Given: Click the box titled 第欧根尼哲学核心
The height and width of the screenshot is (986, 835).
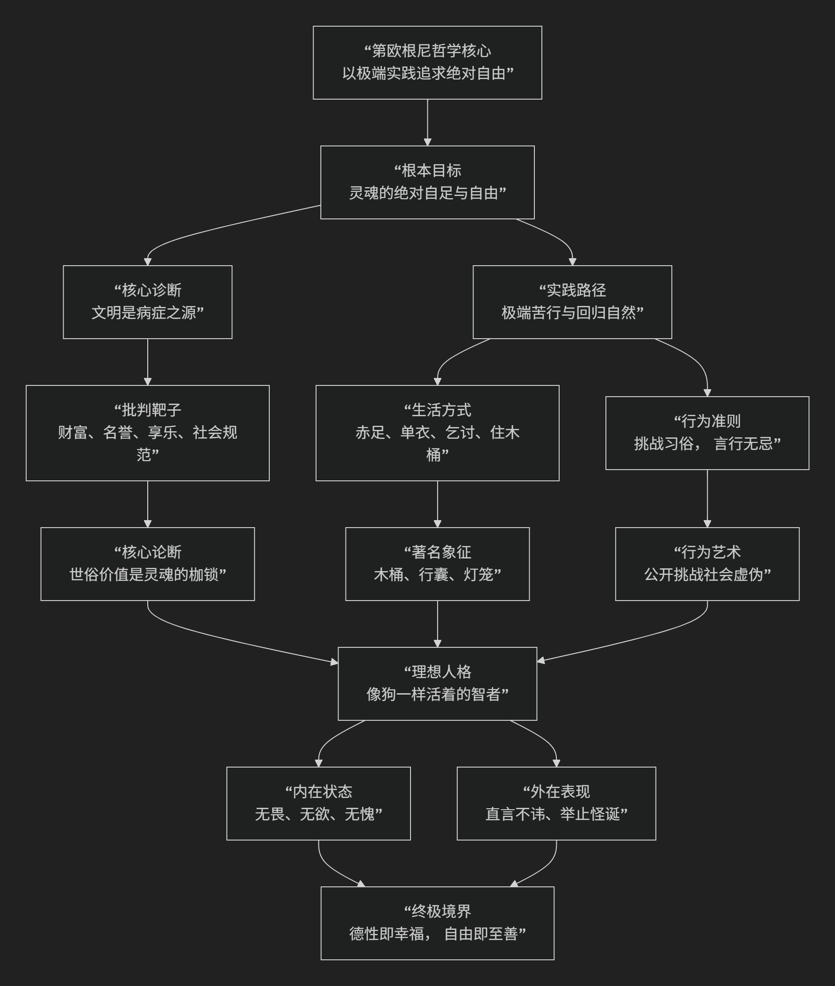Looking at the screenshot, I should [427, 63].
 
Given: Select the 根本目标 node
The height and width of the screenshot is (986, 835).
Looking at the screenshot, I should [427, 182].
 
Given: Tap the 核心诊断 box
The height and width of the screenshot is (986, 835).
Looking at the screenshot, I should [147, 302].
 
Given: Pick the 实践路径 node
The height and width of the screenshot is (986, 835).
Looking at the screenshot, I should [572, 302].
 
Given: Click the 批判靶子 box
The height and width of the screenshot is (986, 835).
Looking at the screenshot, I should [147, 433].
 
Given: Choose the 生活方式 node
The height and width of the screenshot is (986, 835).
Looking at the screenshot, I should [437, 433].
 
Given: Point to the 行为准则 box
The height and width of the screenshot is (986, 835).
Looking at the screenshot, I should [707, 433].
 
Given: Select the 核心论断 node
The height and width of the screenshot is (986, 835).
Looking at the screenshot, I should [147, 564].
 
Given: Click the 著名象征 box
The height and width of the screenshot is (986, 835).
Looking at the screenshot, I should [437, 564].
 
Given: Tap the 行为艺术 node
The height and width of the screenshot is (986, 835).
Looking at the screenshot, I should [707, 564].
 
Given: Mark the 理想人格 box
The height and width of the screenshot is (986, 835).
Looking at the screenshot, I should [437, 683].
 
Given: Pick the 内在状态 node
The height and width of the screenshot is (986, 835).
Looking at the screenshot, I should [318, 803].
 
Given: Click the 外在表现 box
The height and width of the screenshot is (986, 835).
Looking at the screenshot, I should [556, 803].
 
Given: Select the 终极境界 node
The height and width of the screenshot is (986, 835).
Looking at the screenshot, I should [437, 923].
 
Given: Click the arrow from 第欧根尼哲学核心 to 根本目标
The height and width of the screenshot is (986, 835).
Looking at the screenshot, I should [427, 122].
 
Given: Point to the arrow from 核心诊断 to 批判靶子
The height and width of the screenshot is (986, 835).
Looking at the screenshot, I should [147, 362].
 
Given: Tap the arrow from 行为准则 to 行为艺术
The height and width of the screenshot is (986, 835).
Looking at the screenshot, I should [707, 498].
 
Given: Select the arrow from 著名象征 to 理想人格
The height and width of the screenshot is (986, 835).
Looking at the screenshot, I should [438, 623].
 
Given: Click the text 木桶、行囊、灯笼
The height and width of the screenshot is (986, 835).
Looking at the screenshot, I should [437, 574].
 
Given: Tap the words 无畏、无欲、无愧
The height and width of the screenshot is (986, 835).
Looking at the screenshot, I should [318, 814].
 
